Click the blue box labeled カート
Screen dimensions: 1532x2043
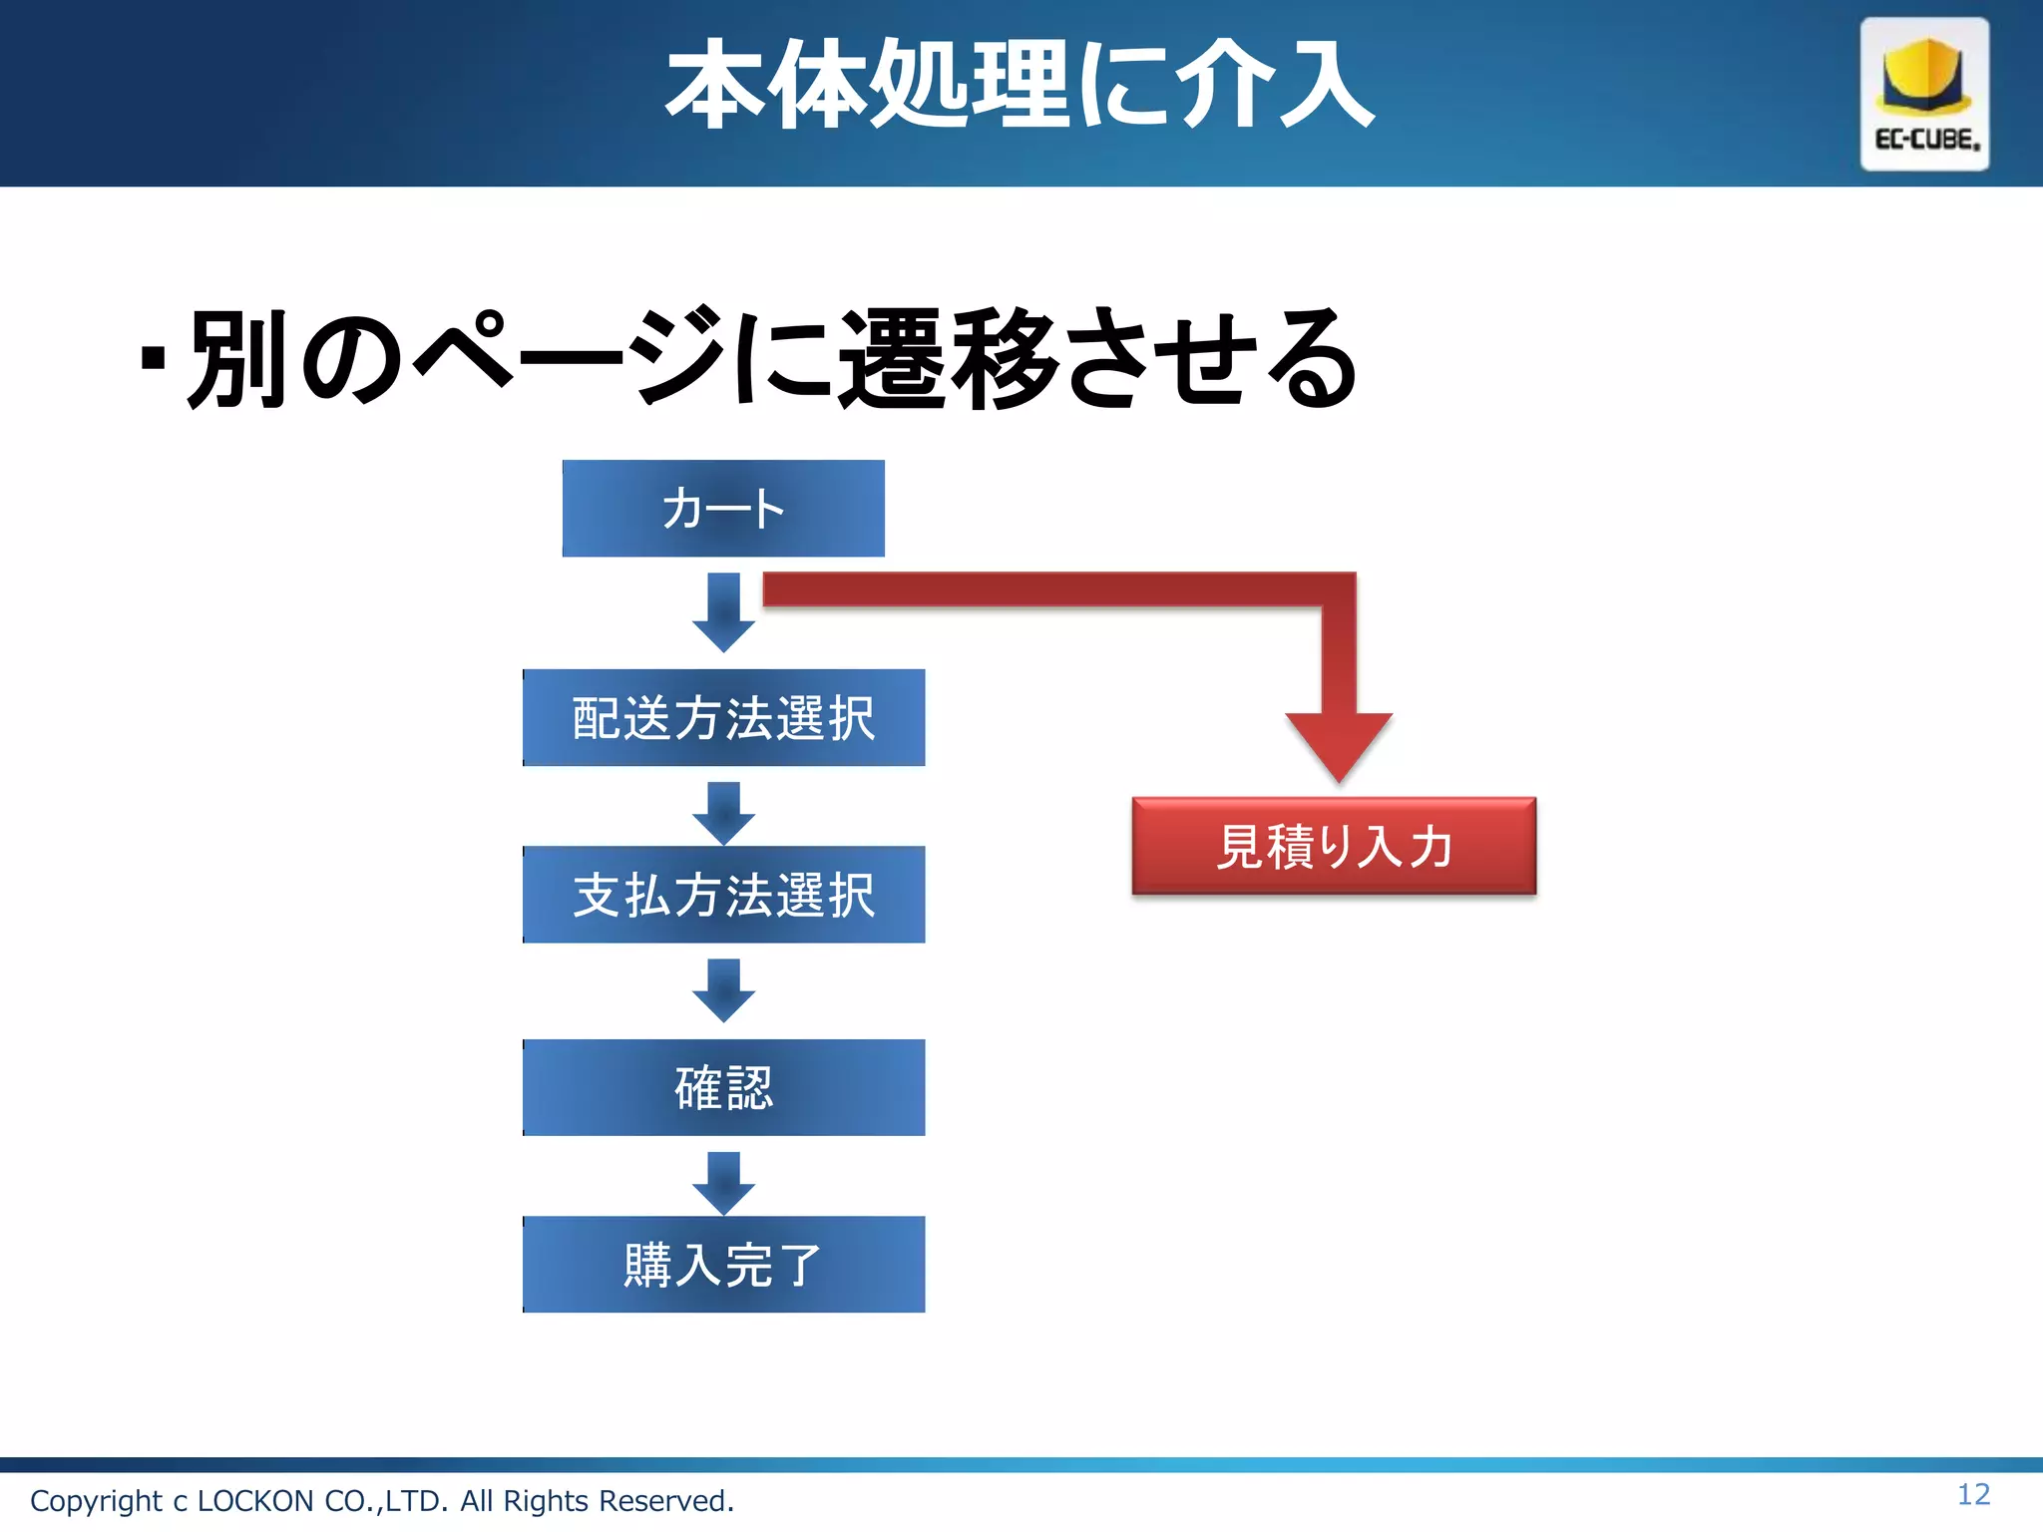(x=723, y=508)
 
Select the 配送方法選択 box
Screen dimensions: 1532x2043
(x=723, y=717)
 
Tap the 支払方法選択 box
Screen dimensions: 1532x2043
(x=723, y=894)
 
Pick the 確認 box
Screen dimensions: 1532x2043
(x=723, y=1087)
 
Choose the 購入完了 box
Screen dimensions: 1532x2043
(x=723, y=1264)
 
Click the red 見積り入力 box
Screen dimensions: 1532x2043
(x=1334, y=846)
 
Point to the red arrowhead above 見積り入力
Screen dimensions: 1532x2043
(x=1339, y=743)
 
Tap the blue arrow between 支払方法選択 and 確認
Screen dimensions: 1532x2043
(x=723, y=989)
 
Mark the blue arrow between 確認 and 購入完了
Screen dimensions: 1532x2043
(x=723, y=1183)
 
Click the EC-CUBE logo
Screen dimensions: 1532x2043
(x=1924, y=94)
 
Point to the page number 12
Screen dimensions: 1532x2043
(x=1973, y=1494)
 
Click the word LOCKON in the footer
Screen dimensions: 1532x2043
(x=255, y=1501)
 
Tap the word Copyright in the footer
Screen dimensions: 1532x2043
(x=96, y=1501)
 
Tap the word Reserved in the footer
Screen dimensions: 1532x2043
(x=665, y=1501)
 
